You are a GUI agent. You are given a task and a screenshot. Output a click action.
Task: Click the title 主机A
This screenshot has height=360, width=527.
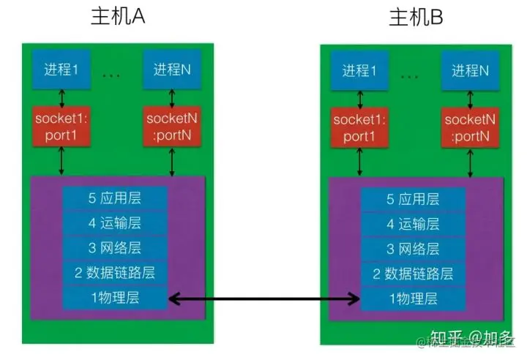pos(118,18)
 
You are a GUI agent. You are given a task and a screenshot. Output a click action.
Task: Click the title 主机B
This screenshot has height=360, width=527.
pos(416,18)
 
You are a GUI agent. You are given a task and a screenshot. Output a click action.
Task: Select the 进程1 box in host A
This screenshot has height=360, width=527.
pos(61,70)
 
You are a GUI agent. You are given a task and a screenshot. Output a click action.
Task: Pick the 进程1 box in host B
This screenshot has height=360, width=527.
pos(359,71)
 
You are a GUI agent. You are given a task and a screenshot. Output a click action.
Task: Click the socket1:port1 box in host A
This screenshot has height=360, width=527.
pos(61,125)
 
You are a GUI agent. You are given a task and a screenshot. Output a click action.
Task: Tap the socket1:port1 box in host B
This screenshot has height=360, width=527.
pos(359,125)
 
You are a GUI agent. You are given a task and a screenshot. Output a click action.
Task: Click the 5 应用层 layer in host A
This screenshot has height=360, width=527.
pos(116,199)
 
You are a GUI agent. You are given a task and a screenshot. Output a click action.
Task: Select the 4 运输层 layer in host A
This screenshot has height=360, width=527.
pos(116,224)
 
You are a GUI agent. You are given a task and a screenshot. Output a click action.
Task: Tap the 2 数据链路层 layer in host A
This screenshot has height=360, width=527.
pos(116,274)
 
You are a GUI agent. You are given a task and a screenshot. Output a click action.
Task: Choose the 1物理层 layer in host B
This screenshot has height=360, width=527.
pos(413,299)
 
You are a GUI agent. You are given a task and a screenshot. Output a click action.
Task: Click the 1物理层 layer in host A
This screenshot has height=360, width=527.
pos(116,299)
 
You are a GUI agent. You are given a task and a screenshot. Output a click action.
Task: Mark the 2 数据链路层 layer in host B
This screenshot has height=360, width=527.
pos(413,274)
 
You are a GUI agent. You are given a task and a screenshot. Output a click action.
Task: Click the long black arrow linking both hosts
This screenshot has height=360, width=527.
pos(264,299)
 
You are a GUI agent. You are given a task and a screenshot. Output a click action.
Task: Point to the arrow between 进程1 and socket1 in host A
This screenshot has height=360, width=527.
pos(61,97)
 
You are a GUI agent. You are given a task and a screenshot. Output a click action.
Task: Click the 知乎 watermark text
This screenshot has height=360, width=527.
pos(446,337)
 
